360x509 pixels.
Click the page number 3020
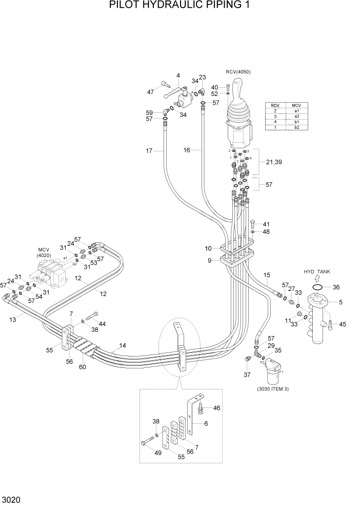click(11, 499)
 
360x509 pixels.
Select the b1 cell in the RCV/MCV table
click(296, 122)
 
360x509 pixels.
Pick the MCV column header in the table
click(296, 105)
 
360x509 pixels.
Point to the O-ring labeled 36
click(317, 287)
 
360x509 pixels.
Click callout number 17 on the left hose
click(149, 150)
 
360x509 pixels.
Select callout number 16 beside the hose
click(187, 150)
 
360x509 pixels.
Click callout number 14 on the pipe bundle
click(123, 345)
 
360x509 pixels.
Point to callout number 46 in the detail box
click(216, 408)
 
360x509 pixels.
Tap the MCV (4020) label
click(43, 251)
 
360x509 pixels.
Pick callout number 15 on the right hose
click(267, 276)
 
